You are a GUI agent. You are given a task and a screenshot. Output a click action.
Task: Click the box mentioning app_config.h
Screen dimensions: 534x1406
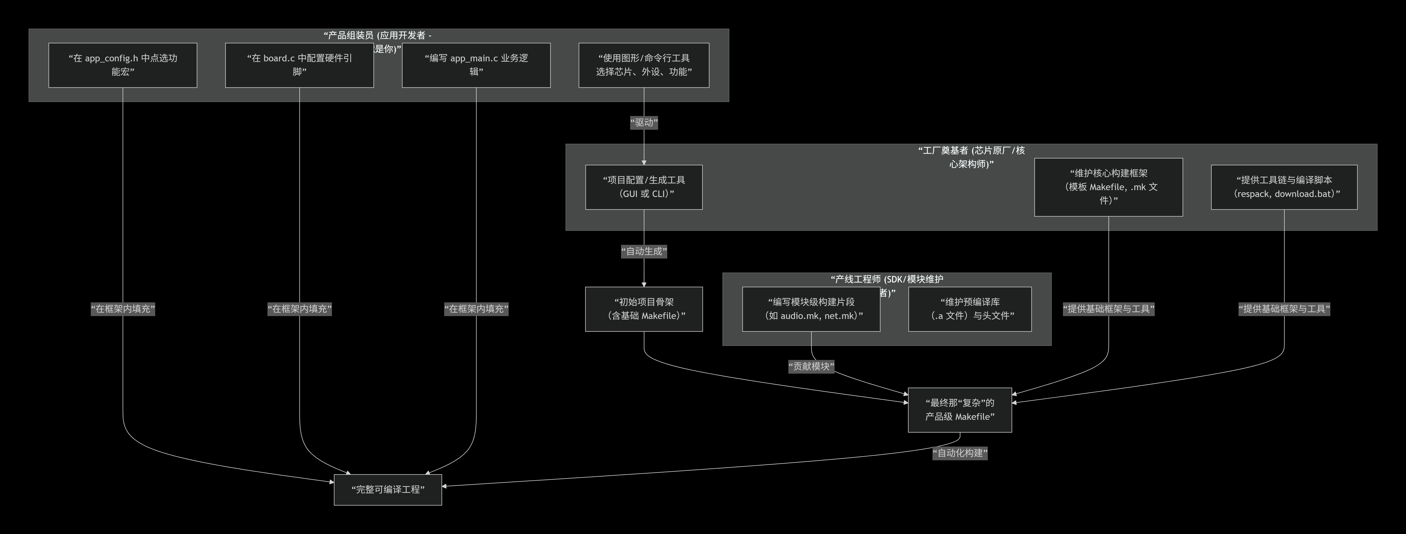point(123,65)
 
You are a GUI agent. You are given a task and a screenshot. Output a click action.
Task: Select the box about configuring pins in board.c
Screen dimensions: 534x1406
point(299,65)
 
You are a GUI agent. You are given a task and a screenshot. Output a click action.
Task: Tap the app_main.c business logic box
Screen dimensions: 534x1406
point(476,65)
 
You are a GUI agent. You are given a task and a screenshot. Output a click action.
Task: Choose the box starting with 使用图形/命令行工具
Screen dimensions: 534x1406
point(643,65)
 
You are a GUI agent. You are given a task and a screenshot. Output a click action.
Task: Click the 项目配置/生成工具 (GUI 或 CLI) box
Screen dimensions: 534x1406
point(643,187)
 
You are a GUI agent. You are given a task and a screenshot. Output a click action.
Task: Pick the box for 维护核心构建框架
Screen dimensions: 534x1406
point(1108,187)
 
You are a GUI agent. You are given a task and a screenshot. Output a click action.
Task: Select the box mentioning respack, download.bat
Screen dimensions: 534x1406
point(1284,187)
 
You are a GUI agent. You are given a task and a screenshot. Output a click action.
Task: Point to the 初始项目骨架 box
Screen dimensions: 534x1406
point(643,309)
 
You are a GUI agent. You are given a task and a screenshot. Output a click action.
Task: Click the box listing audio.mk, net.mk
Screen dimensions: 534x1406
point(811,309)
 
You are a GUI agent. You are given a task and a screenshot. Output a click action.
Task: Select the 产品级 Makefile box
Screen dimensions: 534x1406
point(959,410)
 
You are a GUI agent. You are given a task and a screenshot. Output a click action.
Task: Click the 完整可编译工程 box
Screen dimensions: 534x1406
point(387,489)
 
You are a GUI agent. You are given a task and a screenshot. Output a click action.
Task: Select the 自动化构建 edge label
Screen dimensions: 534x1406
point(959,453)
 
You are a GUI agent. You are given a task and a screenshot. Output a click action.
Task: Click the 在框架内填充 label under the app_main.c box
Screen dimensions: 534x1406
point(476,309)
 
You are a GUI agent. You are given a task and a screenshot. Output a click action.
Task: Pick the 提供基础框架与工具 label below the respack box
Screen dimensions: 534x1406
point(1284,309)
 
